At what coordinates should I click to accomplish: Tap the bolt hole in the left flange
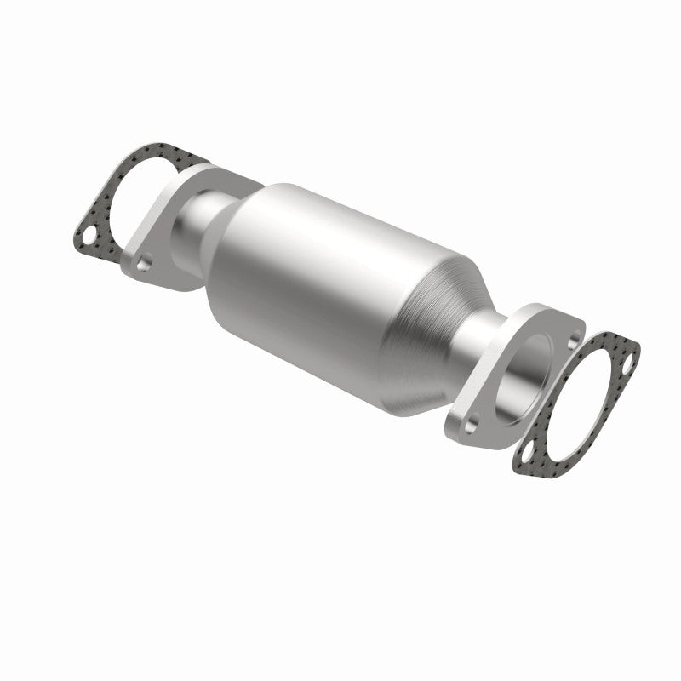pyautogui.click(x=145, y=264)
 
